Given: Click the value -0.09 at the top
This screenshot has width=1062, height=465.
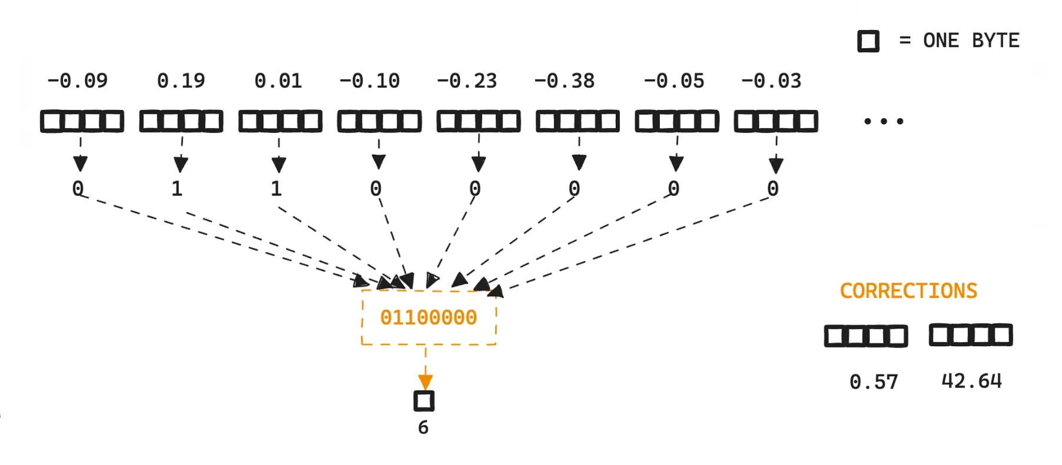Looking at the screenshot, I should pyautogui.click(x=78, y=81).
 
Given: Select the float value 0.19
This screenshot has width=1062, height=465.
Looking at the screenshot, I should pyautogui.click(x=181, y=81).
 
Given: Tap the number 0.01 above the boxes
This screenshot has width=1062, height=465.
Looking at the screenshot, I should pyautogui.click(x=278, y=81).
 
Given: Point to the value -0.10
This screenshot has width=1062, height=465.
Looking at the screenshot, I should pyautogui.click(x=370, y=81).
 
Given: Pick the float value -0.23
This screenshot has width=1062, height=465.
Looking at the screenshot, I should pyautogui.click(x=467, y=81).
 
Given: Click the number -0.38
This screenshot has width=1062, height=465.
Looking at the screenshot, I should pyautogui.click(x=565, y=81).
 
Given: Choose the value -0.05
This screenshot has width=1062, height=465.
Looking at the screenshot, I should pyautogui.click(x=674, y=81).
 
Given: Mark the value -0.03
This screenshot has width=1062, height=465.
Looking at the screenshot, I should pyautogui.click(x=771, y=81).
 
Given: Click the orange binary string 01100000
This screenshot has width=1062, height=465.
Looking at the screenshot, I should pyautogui.click(x=429, y=318).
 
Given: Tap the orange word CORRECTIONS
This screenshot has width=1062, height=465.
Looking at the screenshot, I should pyautogui.click(x=908, y=291).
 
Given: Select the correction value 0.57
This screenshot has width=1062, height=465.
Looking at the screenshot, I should pyautogui.click(x=874, y=383).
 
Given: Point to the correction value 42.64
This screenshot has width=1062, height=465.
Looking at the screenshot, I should pyautogui.click(x=971, y=381).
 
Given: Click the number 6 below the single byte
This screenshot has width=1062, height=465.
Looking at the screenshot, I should pyautogui.click(x=423, y=428).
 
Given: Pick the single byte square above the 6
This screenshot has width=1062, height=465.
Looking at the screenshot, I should pyautogui.click(x=424, y=401).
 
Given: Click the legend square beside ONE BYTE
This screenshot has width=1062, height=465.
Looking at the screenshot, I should pyautogui.click(x=868, y=41).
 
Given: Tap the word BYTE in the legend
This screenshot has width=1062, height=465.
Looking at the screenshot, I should pyautogui.click(x=995, y=41).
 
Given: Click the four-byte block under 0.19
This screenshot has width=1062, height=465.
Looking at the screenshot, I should pyautogui.click(x=181, y=122).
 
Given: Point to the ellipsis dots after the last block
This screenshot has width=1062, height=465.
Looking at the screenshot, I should pyautogui.click(x=883, y=122).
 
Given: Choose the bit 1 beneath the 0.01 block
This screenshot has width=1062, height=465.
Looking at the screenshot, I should pyautogui.click(x=276, y=189).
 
